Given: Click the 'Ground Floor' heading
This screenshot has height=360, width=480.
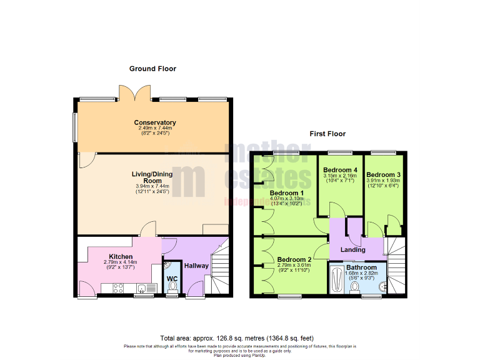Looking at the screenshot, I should coord(152,69).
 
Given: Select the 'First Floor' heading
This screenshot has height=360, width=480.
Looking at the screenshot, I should coord(327,134).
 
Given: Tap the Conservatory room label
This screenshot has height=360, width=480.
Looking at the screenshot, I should coord(154,122).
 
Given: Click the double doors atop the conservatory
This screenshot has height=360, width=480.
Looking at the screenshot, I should coord(136,92).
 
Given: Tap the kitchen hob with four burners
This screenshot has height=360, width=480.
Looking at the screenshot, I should coord(117,288).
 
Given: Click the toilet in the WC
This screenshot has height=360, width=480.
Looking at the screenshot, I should coord(172,286).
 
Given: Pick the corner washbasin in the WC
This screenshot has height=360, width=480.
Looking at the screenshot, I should coord(167,266).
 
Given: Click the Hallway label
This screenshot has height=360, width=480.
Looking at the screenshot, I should coord(196,266).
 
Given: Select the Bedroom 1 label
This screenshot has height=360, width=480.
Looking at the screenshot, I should coord(286,192).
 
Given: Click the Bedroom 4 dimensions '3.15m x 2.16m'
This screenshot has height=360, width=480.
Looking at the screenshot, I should coord(340,176).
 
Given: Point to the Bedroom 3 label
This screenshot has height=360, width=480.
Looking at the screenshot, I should coord(382,174).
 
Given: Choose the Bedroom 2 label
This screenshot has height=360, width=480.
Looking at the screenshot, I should coord(294,259).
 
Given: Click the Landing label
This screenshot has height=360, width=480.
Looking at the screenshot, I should coord(352,250).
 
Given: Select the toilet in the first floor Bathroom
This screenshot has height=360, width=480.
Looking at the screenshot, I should coord(355,287).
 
